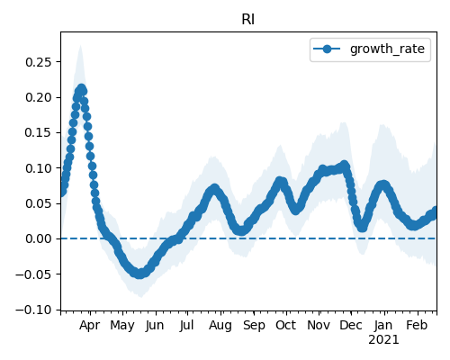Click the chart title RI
pos(248,20)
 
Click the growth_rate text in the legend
pos(387,49)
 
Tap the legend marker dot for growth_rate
pos(327,49)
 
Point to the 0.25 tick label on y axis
pos(39,62)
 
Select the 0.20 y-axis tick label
pos(39,97)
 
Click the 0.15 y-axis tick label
pos(39,132)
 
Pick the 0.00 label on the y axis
pos(39,238)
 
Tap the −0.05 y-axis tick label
pos(34,274)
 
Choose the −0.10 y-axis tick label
pos(34,310)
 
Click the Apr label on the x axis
pos(89,326)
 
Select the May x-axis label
pos(122,326)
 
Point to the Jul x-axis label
pos(187,326)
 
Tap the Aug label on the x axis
pos(220,326)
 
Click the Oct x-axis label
pos(286,325)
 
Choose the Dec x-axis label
pos(351,325)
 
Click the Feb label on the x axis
pos(417,325)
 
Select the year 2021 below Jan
pos(383,340)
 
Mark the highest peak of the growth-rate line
pos(81,89)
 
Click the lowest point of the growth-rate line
pos(139,274)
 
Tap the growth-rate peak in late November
pos(344,165)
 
